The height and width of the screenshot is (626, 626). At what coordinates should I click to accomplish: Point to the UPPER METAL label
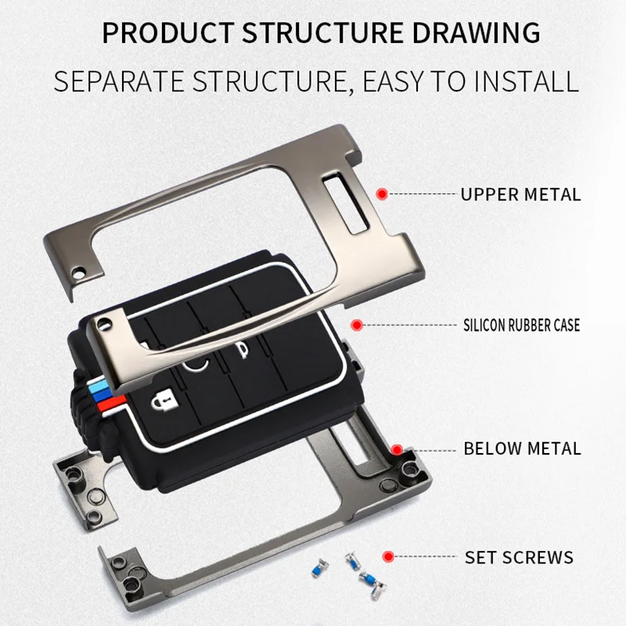click(x=520, y=194)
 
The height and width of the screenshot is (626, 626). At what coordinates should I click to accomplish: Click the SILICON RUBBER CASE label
click(x=521, y=325)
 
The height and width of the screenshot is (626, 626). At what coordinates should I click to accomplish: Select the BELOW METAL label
click(x=522, y=449)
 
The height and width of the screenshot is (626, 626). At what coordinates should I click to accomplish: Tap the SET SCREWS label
click(x=519, y=558)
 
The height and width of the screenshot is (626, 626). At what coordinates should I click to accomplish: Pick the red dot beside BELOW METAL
click(x=398, y=449)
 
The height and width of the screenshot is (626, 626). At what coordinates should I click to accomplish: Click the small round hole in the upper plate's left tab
click(x=78, y=272)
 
